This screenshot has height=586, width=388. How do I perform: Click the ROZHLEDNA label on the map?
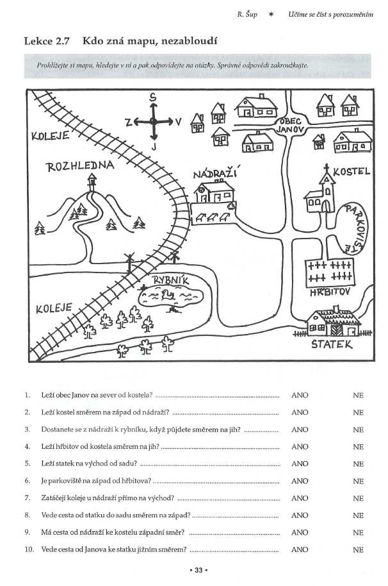click(80, 165)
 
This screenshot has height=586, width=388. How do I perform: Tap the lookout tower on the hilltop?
click(92, 183)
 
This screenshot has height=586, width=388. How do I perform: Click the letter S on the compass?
click(152, 97)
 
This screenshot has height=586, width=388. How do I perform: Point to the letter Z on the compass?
click(128, 122)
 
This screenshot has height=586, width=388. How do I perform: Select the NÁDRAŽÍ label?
click(216, 174)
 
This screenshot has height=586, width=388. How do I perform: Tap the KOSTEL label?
click(351, 172)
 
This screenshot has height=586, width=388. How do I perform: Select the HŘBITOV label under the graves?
click(330, 292)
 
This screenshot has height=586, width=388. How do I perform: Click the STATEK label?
click(332, 344)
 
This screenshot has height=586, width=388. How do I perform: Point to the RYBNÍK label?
click(170, 280)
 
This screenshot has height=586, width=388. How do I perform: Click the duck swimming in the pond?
click(169, 296)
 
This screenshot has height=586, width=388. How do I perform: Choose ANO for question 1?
click(300, 395)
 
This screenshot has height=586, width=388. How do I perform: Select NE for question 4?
click(358, 447)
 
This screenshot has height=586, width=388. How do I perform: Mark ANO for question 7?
click(300, 498)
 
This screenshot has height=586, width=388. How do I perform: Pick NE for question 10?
click(358, 549)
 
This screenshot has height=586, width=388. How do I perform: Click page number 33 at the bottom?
click(198, 570)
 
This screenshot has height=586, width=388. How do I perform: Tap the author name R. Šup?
click(247, 15)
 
